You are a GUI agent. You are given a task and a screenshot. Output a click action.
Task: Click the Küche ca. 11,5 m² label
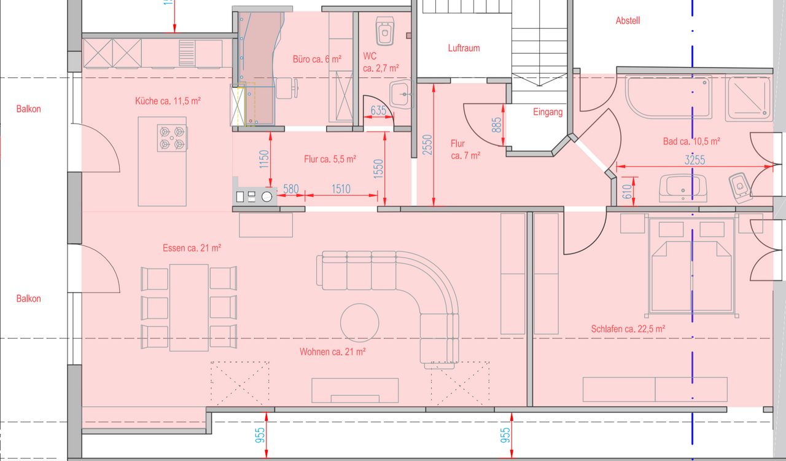click(x=168, y=101)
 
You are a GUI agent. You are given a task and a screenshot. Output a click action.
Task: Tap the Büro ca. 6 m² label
click(x=317, y=59)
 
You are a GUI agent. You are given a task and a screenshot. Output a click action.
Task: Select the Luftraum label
click(x=464, y=48)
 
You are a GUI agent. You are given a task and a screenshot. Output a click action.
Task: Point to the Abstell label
click(x=628, y=21)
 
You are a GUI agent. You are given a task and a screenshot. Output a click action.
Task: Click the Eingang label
click(x=548, y=112)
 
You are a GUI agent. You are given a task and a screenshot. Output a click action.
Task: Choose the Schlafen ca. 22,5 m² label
click(x=628, y=329)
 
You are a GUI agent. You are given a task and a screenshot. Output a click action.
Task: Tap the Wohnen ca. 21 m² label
click(x=333, y=352)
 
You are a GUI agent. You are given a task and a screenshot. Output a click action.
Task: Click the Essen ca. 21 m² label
click(x=192, y=248)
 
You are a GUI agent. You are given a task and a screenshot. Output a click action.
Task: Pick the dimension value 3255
click(x=695, y=160)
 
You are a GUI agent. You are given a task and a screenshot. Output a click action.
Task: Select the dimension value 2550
click(x=427, y=145)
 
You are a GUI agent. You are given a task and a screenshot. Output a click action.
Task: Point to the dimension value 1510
click(x=341, y=189)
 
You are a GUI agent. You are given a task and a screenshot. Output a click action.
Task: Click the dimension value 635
click(x=378, y=111)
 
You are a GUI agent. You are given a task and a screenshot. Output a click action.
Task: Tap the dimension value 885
click(x=497, y=125)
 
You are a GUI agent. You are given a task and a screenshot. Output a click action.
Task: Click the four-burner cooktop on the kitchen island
click(x=172, y=138)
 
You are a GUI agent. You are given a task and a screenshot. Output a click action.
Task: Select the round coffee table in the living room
click(x=360, y=323)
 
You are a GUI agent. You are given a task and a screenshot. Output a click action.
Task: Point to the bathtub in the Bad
click(x=669, y=97)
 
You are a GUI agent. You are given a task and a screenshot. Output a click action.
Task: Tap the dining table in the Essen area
click(x=189, y=308)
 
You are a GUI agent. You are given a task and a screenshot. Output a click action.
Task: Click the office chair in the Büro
click(x=287, y=88)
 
